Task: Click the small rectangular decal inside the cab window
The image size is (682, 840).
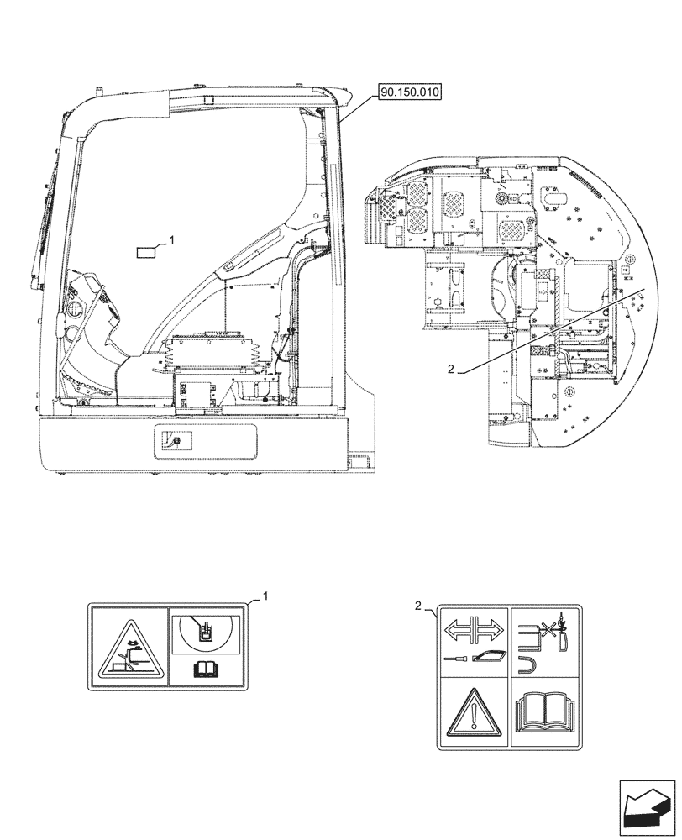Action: [x=147, y=249]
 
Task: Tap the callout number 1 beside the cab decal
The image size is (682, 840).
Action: [x=172, y=239]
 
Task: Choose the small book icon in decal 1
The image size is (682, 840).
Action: [x=205, y=669]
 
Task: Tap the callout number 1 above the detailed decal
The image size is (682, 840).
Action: [x=265, y=596]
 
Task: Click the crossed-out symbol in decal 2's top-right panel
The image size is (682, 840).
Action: [x=545, y=627]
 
